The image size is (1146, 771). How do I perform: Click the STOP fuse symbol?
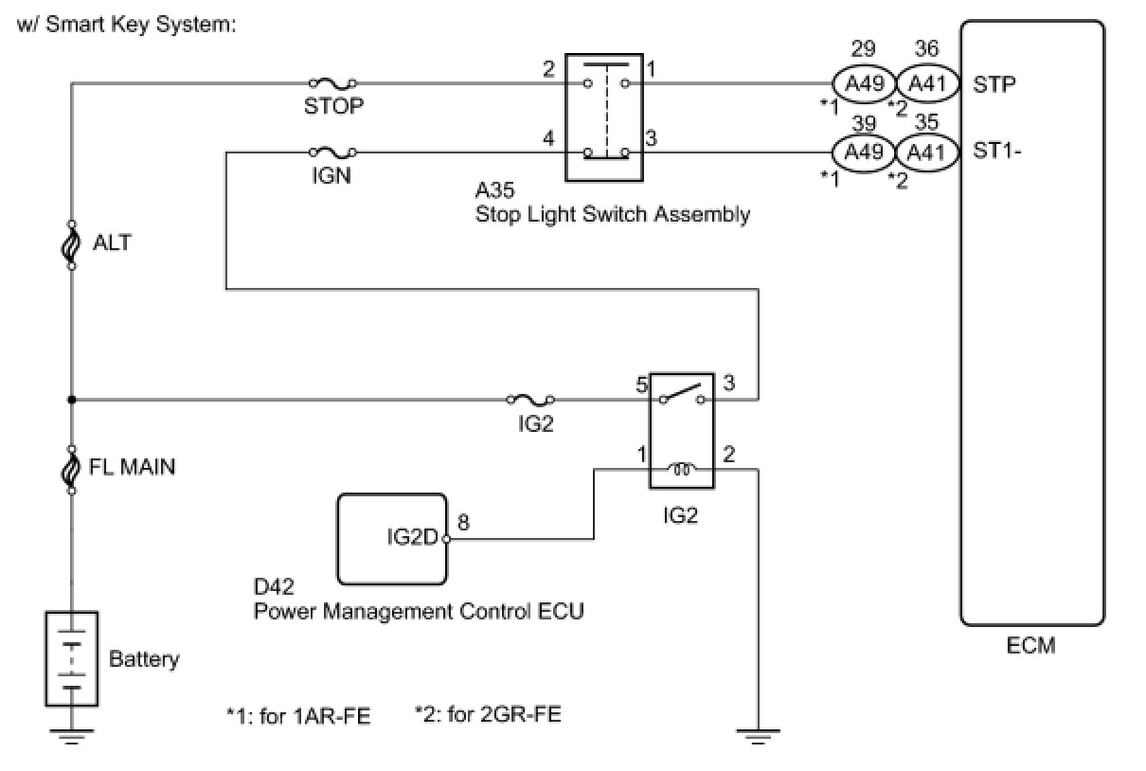332,84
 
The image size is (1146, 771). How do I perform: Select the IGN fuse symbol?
332,152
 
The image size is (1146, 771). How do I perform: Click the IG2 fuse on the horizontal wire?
531,400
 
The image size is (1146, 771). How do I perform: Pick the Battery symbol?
72,657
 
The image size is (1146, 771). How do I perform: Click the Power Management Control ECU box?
392,539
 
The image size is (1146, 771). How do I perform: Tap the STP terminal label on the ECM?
994,84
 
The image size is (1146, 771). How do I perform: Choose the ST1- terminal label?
997,152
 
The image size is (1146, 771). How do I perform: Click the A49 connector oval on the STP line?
864,84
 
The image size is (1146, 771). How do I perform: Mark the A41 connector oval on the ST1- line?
926,152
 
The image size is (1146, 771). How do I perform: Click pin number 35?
926,120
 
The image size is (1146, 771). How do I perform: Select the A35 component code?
494,191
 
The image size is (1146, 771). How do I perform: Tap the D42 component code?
273,587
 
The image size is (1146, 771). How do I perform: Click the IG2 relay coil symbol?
682,466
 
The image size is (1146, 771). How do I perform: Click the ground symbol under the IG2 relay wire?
758,736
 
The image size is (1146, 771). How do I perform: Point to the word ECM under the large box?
1031,647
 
